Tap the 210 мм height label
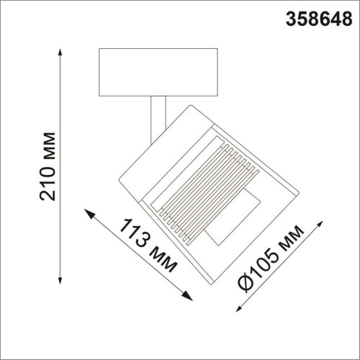[48, 166]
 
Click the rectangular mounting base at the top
[158, 71]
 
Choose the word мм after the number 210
[48, 145]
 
